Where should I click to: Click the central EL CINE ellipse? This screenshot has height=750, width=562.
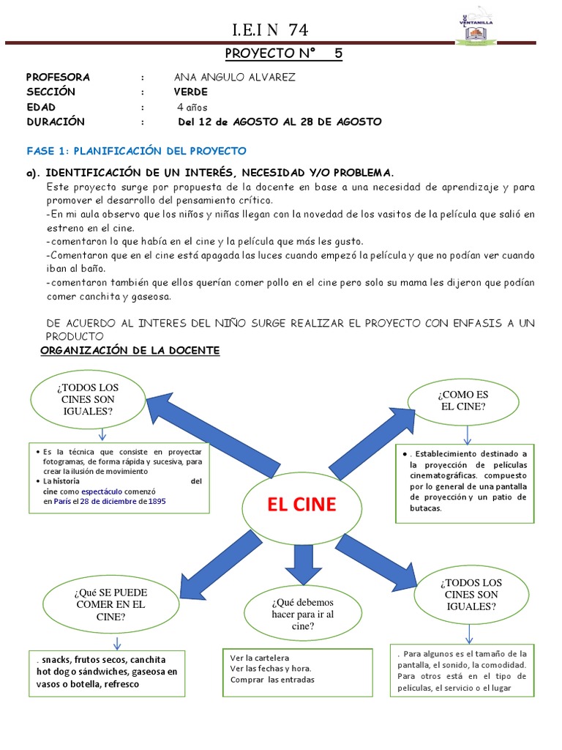[x=301, y=506]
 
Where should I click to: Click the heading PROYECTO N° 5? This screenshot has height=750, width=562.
[x=282, y=53]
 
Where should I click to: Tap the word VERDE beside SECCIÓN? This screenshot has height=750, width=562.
[x=190, y=92]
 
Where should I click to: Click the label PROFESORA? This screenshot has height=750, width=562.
[x=58, y=77]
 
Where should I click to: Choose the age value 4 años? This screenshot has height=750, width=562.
[x=192, y=107]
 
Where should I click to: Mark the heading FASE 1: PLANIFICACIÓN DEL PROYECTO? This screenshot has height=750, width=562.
[x=136, y=151]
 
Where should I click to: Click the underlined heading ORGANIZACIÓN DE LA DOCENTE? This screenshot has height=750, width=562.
[x=130, y=351]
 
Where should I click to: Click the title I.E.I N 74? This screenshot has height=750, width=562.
[x=270, y=30]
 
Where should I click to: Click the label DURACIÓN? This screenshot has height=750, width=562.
[x=56, y=122]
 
